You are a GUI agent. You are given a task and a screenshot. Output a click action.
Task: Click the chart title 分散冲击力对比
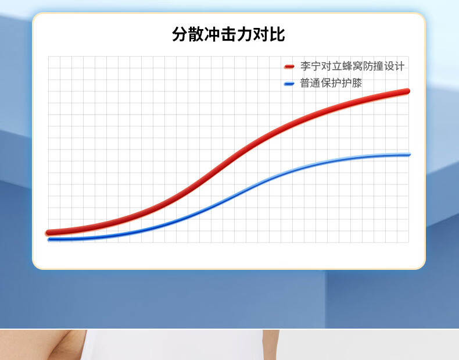click(228, 34)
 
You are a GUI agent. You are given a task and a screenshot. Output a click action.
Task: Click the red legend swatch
click(289, 66)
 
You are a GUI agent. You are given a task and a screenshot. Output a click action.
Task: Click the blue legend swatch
click(289, 84)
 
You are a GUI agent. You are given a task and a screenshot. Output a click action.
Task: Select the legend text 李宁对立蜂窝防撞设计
click(352, 66)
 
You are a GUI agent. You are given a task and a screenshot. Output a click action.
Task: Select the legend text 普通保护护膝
click(331, 83)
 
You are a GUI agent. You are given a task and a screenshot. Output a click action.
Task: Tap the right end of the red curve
click(407, 91)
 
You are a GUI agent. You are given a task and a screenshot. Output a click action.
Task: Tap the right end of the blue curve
click(408, 154)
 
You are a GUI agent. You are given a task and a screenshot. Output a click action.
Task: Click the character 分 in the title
click(180, 34)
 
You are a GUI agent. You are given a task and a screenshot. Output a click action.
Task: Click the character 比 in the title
click(277, 34)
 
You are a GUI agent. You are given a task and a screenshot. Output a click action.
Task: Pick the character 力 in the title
click(245, 34)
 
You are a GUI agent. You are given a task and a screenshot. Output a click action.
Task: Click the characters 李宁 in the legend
click(311, 66)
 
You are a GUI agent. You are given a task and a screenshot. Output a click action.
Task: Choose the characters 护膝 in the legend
click(352, 83)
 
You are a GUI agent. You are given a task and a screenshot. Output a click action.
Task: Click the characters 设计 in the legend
click(394, 66)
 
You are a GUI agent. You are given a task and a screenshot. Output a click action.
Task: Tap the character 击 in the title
click(228, 34)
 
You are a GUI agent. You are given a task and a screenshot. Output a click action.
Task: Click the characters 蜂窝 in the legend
click(352, 66)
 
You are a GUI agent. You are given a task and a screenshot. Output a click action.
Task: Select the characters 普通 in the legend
click(311, 83)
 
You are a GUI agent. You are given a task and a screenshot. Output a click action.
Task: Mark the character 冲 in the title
click(212, 34)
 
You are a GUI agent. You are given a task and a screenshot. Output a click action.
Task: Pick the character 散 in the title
click(196, 34)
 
